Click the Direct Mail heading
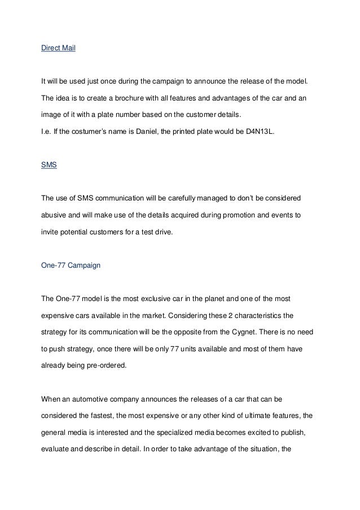59,49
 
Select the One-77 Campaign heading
71,264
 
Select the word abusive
55,215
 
